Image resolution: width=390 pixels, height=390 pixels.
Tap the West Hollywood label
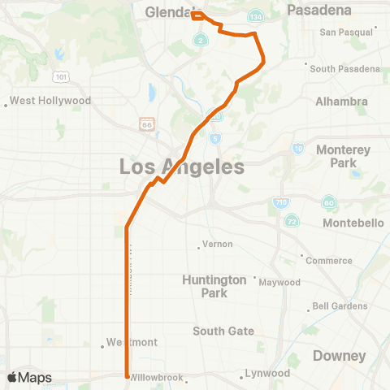50,102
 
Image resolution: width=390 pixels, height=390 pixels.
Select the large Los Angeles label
181,167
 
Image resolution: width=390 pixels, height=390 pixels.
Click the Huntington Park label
214,286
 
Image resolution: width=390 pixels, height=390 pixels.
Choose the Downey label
339,356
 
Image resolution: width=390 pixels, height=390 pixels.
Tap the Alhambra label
340,102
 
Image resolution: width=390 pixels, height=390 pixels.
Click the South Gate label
223,331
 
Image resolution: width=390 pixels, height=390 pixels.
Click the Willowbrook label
158,378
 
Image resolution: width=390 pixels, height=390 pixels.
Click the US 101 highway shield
61,77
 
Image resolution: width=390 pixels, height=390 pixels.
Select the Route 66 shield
145,123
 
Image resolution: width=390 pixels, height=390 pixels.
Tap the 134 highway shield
256,16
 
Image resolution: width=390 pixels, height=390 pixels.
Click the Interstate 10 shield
298,149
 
